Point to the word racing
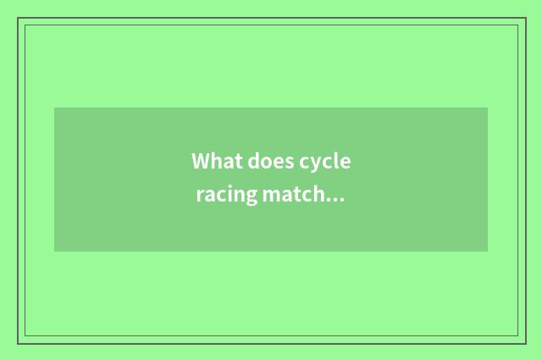pos(224,196)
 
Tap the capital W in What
pos(201,161)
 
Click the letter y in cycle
pos(312,164)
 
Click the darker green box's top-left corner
pos(54,108)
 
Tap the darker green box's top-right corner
pos(488,108)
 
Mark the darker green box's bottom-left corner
pos(54,252)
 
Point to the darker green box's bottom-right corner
pos(488,252)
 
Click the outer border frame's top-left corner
pos(18,18)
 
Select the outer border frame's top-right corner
pos(525,18)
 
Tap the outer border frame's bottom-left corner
pos(18,343)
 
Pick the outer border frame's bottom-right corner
pos(525,343)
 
